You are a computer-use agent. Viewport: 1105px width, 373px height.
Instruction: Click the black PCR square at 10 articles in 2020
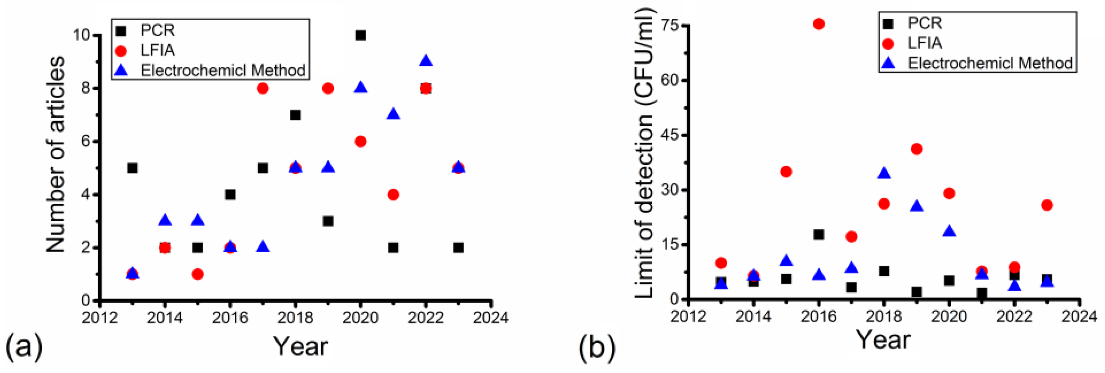pyautogui.click(x=360, y=35)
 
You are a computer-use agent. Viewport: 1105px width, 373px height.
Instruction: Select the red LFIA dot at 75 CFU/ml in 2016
pyautogui.click(x=819, y=24)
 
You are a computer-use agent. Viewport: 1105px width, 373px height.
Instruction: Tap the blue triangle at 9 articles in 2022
pyautogui.click(x=426, y=61)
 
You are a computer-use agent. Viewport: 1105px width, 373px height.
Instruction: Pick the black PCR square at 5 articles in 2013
pyautogui.click(x=132, y=168)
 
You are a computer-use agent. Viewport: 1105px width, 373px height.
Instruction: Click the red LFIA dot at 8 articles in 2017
pyautogui.click(x=263, y=88)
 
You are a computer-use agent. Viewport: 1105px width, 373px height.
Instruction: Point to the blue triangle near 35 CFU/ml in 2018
pyautogui.click(x=884, y=174)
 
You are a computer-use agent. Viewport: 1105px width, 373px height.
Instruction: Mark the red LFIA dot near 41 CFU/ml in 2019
pyautogui.click(x=916, y=149)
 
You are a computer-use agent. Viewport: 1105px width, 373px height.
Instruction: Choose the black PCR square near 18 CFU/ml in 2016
pyautogui.click(x=819, y=235)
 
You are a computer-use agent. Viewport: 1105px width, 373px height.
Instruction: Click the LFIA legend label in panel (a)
pyautogui.click(x=158, y=50)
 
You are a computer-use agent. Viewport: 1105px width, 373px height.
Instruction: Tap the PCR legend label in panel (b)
pyautogui.click(x=925, y=23)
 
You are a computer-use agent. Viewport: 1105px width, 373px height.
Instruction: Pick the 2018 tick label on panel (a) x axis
pyautogui.click(x=295, y=318)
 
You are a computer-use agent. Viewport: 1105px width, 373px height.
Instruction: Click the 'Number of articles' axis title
pyautogui.click(x=56, y=154)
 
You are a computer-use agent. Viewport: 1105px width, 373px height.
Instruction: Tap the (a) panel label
pyautogui.click(x=24, y=346)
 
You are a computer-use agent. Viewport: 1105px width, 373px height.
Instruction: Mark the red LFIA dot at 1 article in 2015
pyautogui.click(x=197, y=274)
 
